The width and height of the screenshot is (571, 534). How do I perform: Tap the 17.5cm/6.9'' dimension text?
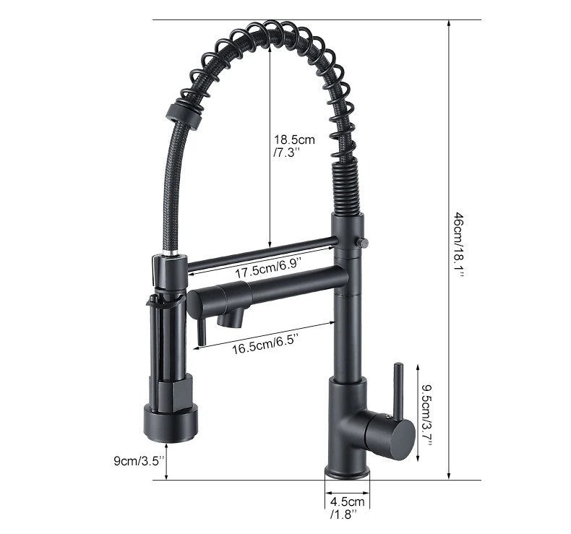266,272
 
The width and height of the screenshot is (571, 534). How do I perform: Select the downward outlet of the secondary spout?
236,319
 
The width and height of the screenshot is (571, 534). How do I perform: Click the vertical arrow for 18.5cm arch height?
270,145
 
